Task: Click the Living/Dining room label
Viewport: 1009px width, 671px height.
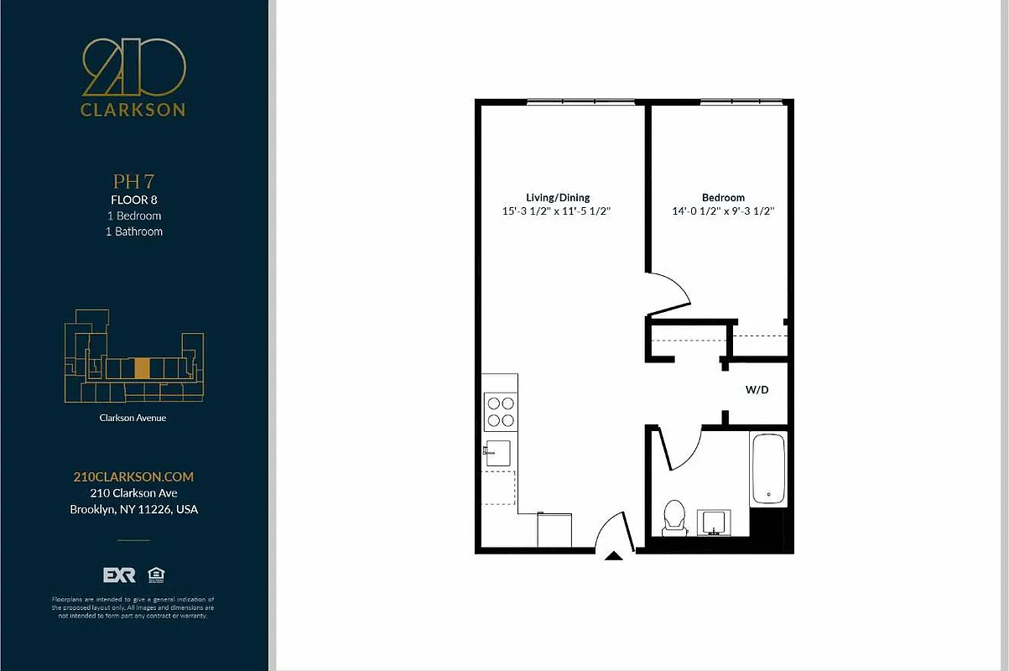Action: tap(558, 198)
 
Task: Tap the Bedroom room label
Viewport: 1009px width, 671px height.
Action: tap(723, 198)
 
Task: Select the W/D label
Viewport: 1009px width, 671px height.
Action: tap(757, 390)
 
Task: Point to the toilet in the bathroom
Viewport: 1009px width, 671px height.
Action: tap(674, 518)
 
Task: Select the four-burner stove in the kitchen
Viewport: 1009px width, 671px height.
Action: tap(500, 413)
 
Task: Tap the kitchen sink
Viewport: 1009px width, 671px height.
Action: tap(499, 453)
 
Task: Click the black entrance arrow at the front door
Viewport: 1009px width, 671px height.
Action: tap(614, 555)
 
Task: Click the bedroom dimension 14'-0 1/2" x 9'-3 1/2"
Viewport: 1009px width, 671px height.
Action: tap(723, 212)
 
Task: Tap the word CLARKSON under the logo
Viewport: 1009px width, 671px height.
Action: tap(133, 109)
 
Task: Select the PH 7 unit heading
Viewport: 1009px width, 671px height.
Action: tap(133, 181)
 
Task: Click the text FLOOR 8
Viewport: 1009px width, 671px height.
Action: tap(133, 200)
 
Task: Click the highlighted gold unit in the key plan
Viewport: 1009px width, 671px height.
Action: tap(143, 367)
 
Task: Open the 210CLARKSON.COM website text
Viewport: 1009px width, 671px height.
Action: tap(133, 476)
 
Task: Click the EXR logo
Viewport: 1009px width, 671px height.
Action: tap(118, 575)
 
